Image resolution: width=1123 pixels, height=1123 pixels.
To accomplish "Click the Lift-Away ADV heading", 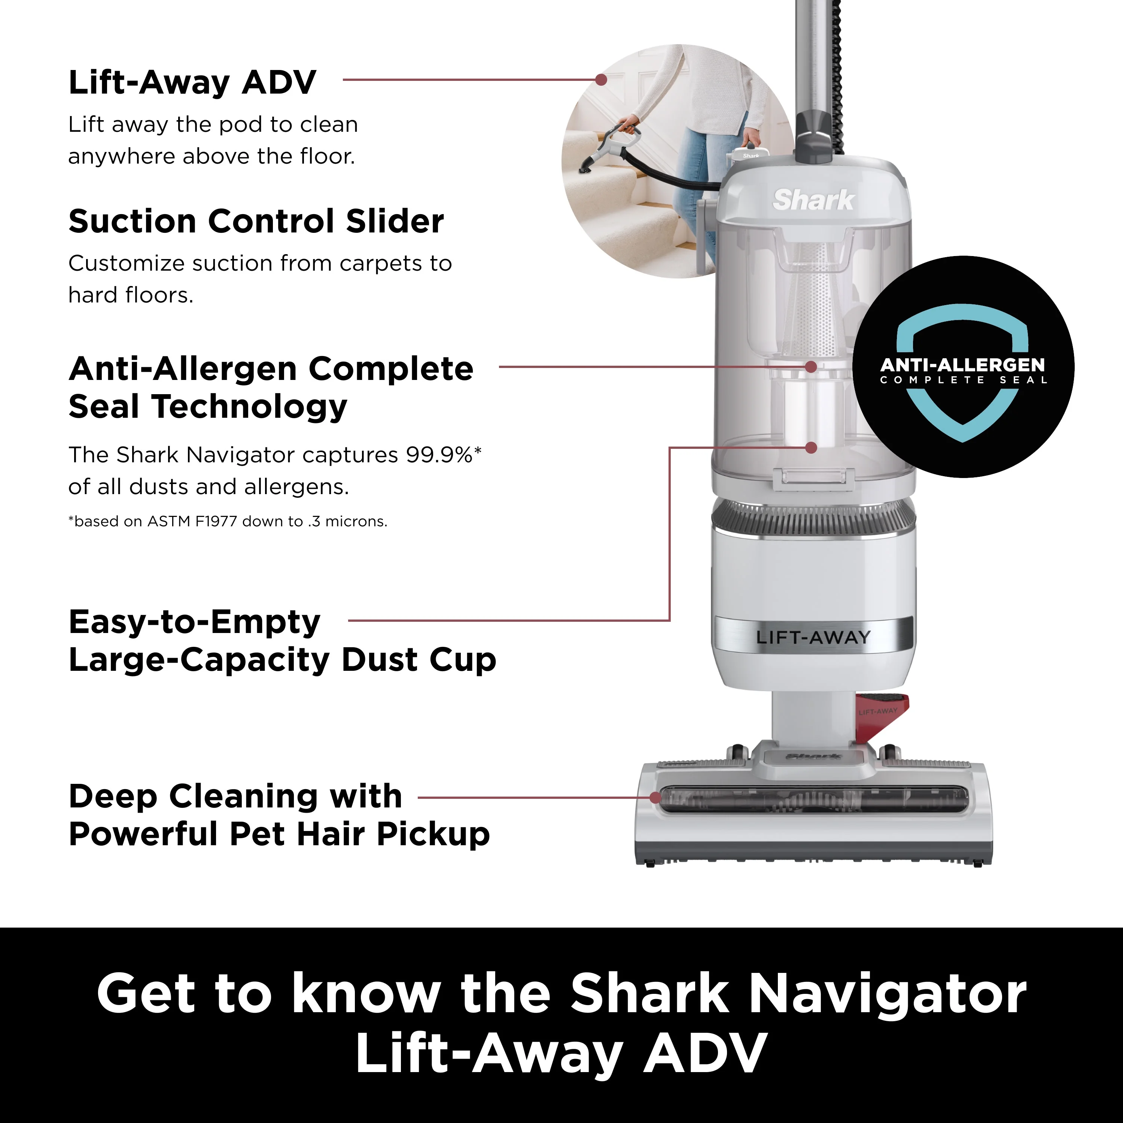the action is (x=192, y=82).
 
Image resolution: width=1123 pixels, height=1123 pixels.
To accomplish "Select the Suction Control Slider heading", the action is (x=256, y=222).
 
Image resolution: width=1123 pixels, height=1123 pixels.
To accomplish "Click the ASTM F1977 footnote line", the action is (x=228, y=521).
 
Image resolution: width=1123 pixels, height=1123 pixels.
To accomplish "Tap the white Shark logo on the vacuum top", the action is (x=813, y=200).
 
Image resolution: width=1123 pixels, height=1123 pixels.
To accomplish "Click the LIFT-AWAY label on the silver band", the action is (x=813, y=637).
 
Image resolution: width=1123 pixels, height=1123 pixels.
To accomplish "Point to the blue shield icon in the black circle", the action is (x=962, y=372).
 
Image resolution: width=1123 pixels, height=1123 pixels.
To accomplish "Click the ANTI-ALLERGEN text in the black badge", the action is (x=962, y=365).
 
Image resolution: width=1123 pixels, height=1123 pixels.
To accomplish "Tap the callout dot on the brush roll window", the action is (x=655, y=797).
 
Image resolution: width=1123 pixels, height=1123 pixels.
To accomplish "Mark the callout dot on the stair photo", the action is (x=601, y=80).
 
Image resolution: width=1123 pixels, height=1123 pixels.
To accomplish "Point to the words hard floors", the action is (x=131, y=295).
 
